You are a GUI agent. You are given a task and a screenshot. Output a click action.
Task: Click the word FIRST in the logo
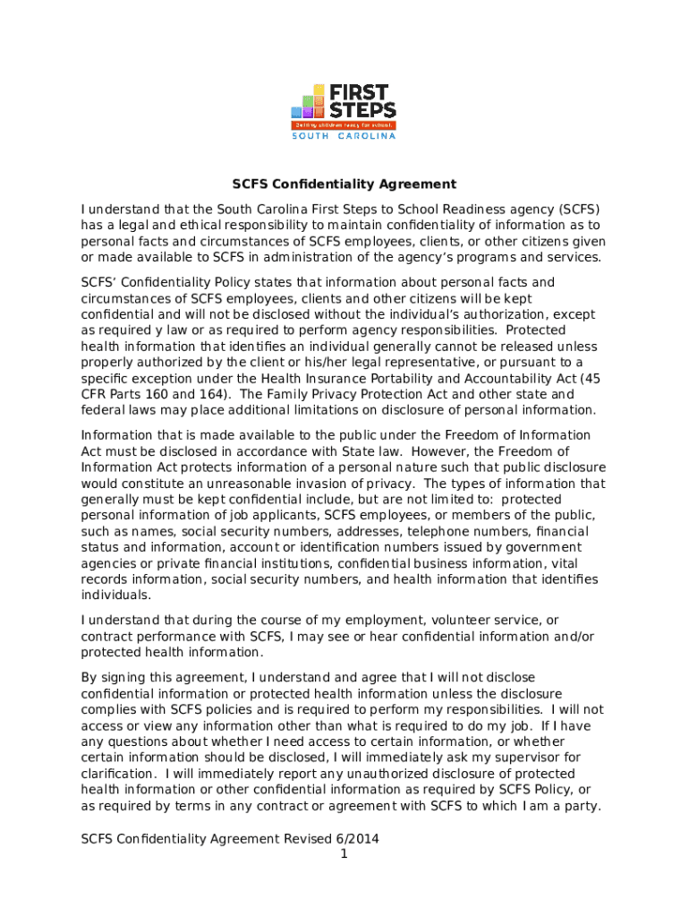click(x=363, y=92)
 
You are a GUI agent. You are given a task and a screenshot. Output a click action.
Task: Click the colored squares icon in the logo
click(x=310, y=102)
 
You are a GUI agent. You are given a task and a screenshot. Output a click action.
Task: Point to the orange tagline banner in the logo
click(x=344, y=125)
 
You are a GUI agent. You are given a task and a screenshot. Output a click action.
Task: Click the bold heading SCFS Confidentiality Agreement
click(x=344, y=184)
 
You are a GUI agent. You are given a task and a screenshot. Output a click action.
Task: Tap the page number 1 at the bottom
click(x=344, y=855)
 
